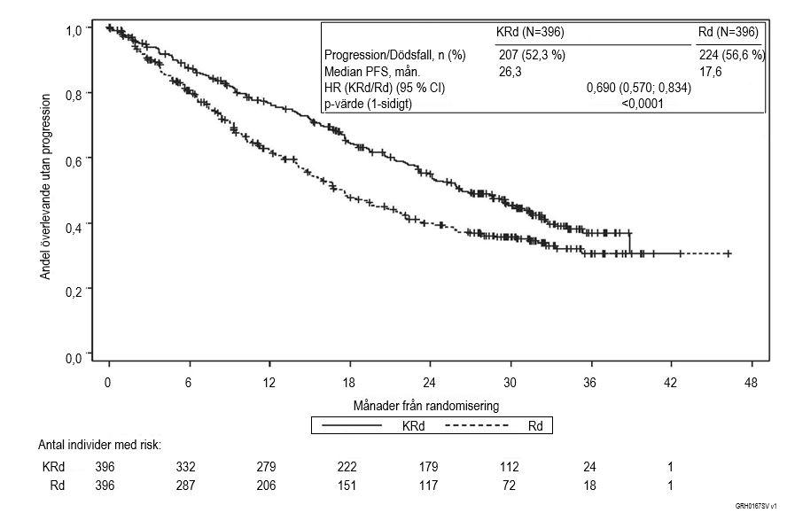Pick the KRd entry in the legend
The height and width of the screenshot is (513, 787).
click(x=410, y=425)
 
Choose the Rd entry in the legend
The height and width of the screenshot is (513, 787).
click(x=534, y=425)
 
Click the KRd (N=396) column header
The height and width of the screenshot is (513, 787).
click(x=531, y=32)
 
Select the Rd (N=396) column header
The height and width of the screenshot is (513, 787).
click(x=728, y=32)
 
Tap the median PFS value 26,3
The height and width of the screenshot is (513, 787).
click(x=512, y=72)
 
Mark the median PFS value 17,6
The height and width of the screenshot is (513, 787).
click(x=712, y=72)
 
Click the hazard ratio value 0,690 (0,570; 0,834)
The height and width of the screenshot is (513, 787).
click(x=639, y=88)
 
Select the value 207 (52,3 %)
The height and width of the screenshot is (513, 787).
click(x=533, y=55)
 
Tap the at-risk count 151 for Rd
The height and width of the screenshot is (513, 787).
click(x=348, y=486)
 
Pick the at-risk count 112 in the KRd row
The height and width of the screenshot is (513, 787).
click(x=511, y=467)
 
